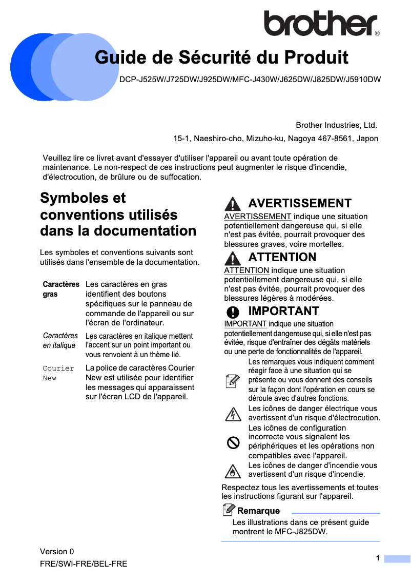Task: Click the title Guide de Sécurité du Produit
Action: point(221,57)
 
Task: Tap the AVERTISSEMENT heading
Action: point(300,203)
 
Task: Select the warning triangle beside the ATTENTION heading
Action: point(233,258)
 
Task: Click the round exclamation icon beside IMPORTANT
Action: point(233,312)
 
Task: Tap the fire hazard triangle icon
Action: point(233,470)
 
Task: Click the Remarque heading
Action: point(258,511)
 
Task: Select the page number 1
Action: point(378,558)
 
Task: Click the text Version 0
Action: point(57,552)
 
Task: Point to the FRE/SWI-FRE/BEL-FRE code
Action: point(84,564)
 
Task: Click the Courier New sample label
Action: point(58,373)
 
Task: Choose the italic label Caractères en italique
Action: point(60,340)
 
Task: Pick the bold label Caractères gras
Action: point(60,289)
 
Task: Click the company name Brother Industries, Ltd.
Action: point(336,125)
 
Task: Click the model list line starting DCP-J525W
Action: point(250,80)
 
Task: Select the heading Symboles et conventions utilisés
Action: point(118,215)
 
